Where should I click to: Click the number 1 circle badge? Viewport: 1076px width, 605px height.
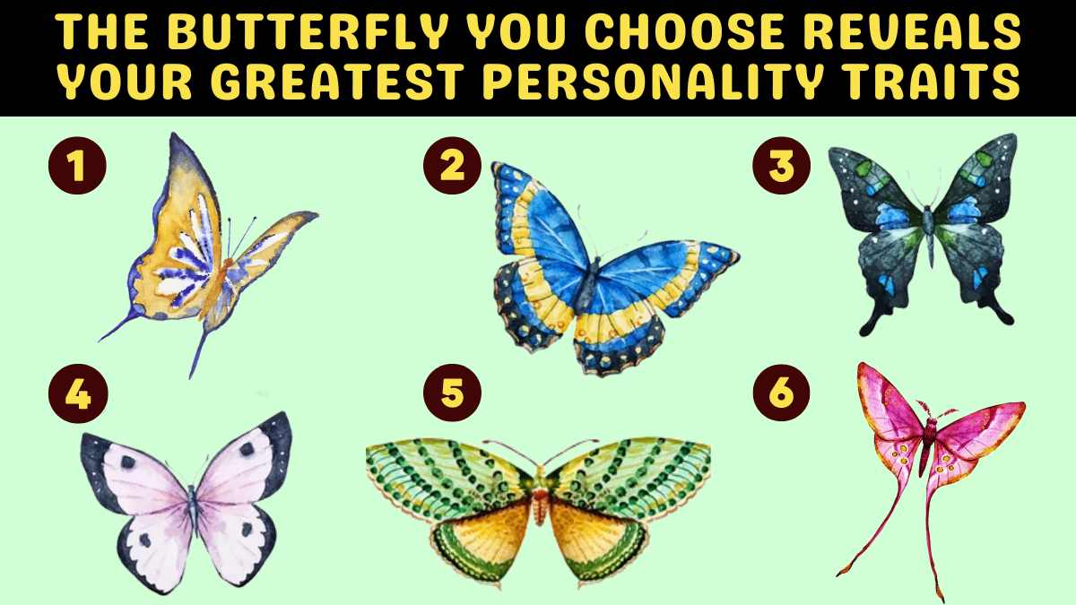(77, 166)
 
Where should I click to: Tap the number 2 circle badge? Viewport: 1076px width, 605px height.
(452, 166)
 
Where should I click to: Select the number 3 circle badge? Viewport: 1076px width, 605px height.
(782, 166)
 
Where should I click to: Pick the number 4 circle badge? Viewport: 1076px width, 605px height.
(78, 393)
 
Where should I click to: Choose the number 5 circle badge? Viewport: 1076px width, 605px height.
(452, 393)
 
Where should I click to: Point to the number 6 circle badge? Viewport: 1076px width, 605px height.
(781, 393)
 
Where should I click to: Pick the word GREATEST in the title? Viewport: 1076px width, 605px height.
(337, 81)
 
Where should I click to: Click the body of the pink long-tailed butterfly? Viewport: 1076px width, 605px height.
(927, 445)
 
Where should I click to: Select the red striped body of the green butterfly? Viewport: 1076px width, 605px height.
(541, 502)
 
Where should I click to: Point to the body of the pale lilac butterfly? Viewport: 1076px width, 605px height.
(193, 509)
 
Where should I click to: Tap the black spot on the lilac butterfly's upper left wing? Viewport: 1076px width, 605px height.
(128, 462)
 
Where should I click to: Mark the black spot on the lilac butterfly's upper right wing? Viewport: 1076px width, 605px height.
(247, 449)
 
